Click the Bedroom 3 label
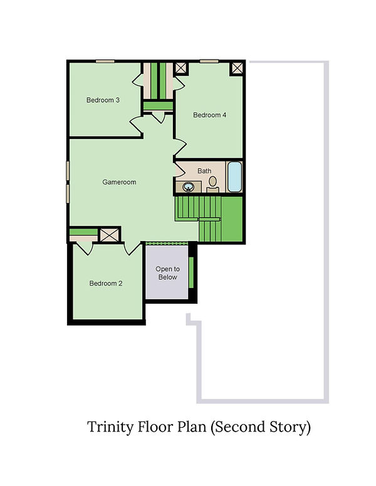[x=103, y=100]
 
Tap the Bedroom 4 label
[x=209, y=115]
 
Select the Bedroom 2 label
[x=105, y=283]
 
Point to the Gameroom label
[x=119, y=182]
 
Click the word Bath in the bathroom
[x=204, y=170]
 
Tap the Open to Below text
[x=167, y=273]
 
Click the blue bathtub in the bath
[x=234, y=177]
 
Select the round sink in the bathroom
[x=187, y=186]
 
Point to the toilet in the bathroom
[x=212, y=182]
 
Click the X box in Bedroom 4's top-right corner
[x=238, y=68]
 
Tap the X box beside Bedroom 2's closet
[x=110, y=235]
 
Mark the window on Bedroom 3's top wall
[x=105, y=61]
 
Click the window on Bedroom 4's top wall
[x=209, y=61]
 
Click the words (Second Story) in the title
[x=259, y=428]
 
